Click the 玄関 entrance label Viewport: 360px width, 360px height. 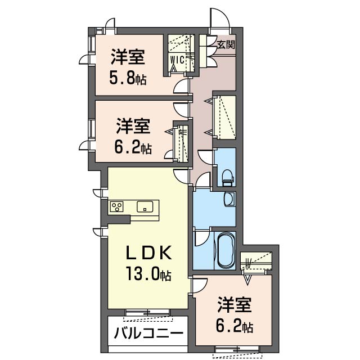[x=226, y=44]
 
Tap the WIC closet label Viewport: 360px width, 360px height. [x=177, y=60]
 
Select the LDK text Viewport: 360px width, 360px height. [x=148, y=253]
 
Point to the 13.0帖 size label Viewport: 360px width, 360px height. [x=148, y=274]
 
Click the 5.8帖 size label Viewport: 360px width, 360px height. [x=128, y=79]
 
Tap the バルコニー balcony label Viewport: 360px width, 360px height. [x=148, y=333]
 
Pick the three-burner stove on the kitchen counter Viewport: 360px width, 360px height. [x=117, y=206]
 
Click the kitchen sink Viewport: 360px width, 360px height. [x=145, y=206]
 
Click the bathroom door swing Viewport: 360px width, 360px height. [x=202, y=237]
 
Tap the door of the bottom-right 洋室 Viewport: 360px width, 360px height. [x=199, y=285]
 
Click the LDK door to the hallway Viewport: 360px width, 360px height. [x=181, y=176]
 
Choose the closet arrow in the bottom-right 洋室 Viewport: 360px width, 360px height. [x=247, y=280]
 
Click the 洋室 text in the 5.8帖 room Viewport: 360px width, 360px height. [x=128, y=56]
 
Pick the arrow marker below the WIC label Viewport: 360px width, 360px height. [x=173, y=69]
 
